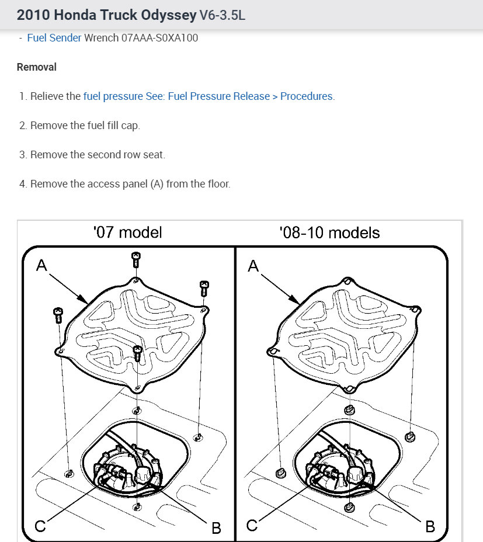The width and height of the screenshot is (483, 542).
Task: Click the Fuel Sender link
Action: (54, 38)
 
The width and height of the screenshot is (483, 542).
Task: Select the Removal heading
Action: (37, 67)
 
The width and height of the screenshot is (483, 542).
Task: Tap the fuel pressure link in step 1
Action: (113, 96)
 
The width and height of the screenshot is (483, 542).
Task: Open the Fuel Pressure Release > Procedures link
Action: (239, 96)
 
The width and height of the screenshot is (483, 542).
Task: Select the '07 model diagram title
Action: (127, 232)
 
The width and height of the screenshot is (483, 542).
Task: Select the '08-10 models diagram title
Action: (329, 232)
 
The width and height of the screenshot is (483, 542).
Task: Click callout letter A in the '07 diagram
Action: (41, 266)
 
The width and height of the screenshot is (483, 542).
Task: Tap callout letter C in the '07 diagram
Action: (40, 526)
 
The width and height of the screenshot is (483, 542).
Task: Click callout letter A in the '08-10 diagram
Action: (253, 266)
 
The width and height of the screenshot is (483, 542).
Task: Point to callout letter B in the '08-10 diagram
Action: (430, 526)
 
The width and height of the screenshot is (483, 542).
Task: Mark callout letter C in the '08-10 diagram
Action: (252, 526)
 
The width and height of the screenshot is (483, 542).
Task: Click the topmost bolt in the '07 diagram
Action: (135, 258)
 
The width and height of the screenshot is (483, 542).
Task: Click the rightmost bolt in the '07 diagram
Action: (204, 289)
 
